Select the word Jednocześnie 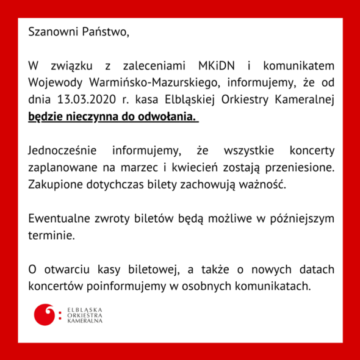[61, 149]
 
